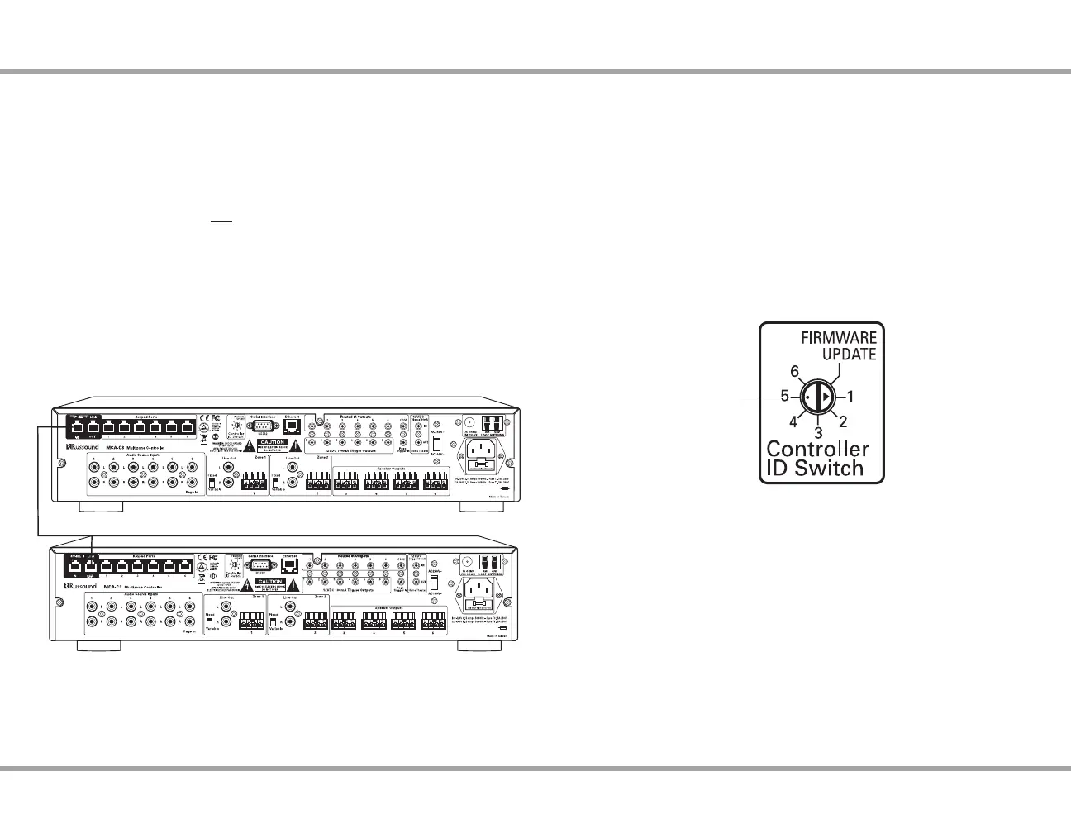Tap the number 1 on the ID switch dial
[850, 397]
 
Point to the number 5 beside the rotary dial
[785, 397]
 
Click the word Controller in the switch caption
[817, 450]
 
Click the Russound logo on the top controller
[82, 447]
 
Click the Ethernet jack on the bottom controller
[290, 568]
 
